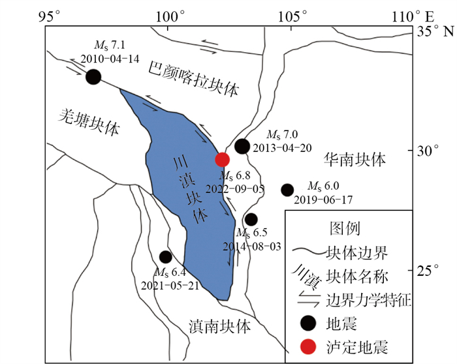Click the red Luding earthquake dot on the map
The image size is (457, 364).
tap(223, 159)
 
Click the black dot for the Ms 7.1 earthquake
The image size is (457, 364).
tap(93, 76)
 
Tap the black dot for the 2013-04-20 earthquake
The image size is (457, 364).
tap(242, 146)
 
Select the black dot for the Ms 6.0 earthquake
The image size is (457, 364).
tap(287, 190)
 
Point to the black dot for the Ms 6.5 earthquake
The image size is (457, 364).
tap(251, 219)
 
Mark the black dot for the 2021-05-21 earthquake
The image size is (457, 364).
tap(166, 257)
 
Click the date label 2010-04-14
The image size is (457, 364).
tap(110, 58)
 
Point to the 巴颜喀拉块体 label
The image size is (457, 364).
tap(194, 76)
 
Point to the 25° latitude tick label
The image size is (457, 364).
tap(429, 270)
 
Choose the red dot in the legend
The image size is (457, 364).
tap(307, 346)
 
